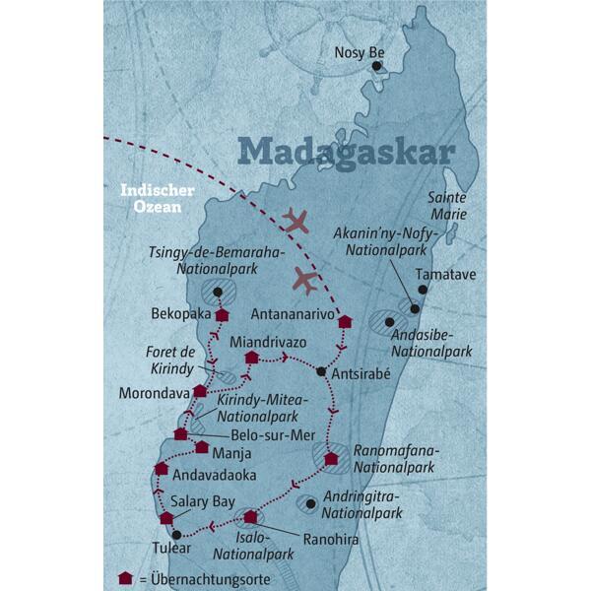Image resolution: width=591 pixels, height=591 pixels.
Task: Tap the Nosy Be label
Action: click(x=359, y=53)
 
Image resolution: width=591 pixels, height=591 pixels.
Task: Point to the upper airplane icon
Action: click(x=295, y=221)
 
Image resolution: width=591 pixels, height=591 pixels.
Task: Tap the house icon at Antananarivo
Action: click(x=345, y=321)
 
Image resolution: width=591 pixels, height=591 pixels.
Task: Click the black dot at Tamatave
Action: click(x=423, y=290)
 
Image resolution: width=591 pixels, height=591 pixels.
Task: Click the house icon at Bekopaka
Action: click(x=223, y=315)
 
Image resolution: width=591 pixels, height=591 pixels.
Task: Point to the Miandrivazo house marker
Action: click(x=252, y=357)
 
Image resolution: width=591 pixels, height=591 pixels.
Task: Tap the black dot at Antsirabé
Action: click(x=321, y=371)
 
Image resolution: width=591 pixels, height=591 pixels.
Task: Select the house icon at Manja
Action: click(x=202, y=446)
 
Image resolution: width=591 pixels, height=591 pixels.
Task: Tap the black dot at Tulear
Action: click(x=175, y=536)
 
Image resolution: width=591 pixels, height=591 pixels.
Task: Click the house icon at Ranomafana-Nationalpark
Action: click(x=331, y=457)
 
